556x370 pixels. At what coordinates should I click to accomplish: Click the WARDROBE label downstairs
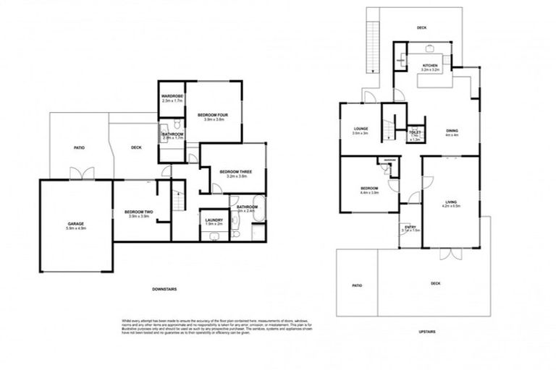pyautogui.click(x=172, y=96)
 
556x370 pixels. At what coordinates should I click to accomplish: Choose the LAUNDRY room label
pyautogui.click(x=213, y=220)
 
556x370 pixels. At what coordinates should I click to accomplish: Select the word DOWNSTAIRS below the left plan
pyautogui.click(x=164, y=289)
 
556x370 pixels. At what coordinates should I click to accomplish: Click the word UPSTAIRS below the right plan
pyautogui.click(x=427, y=331)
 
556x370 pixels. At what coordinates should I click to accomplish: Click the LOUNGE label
pyautogui.click(x=361, y=130)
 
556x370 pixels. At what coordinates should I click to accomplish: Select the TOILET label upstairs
pyautogui.click(x=415, y=133)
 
